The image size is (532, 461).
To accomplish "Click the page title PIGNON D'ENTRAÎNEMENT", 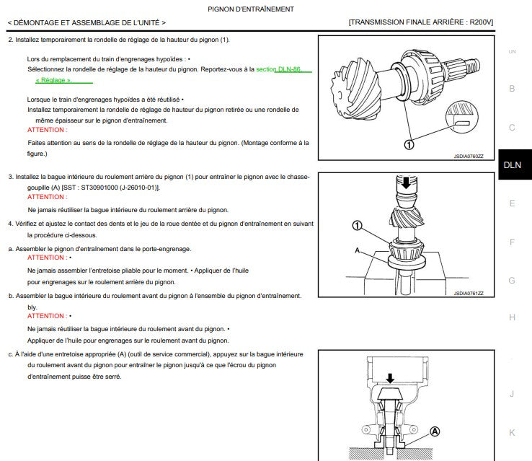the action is click(x=251, y=9).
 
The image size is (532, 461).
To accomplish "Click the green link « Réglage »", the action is click(x=53, y=80).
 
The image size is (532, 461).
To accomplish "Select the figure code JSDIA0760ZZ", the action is click(x=469, y=156).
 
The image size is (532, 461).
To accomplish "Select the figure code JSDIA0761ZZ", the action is click(x=469, y=294).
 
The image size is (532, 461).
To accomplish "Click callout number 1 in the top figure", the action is click(x=409, y=145).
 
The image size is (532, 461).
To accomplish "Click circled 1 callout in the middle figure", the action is click(x=357, y=225).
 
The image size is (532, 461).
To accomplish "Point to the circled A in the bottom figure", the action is click(x=435, y=431).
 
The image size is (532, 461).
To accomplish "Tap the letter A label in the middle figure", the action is click(x=357, y=250).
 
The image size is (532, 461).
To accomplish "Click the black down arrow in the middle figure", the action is click(x=406, y=183).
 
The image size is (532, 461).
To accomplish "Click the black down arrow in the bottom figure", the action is click(x=390, y=379).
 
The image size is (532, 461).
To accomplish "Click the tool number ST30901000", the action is click(x=99, y=188).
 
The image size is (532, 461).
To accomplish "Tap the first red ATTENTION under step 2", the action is click(x=47, y=130).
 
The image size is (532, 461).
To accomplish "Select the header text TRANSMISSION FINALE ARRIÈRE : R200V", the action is click(x=421, y=22).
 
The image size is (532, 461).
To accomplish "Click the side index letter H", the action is click(x=512, y=317).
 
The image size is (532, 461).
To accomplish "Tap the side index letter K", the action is click(x=512, y=432).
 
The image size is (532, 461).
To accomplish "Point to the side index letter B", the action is click(x=512, y=89).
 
